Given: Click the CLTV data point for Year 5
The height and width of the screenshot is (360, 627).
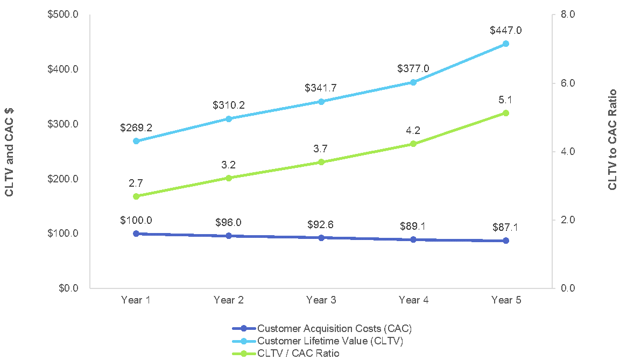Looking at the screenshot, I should [506, 44].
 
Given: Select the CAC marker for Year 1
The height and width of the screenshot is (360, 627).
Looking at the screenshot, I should [136, 234].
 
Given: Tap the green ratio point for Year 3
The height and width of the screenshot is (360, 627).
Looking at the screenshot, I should [321, 162].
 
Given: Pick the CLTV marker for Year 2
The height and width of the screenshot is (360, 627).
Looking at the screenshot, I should [229, 119].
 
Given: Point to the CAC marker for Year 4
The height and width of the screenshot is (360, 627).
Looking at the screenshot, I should [413, 239].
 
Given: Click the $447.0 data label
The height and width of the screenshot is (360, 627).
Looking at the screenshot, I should [505, 31].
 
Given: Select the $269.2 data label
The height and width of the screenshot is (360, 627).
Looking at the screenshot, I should [136, 128].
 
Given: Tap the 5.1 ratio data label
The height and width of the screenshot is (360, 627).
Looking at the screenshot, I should [505, 100].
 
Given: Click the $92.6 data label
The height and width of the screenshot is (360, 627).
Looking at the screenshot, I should [321, 224].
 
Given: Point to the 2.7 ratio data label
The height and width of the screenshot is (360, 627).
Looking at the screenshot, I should [136, 183].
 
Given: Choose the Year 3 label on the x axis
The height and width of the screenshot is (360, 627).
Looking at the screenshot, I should [321, 300].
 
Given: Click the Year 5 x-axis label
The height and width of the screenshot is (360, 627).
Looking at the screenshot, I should [506, 300].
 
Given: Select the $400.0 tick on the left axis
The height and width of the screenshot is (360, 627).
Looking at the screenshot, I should [64, 69].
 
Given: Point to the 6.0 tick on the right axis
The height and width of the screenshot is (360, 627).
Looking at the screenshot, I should [568, 83].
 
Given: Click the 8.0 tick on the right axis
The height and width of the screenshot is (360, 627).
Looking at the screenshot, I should [568, 15].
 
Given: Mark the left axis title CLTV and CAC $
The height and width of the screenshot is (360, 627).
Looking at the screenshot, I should [10, 152].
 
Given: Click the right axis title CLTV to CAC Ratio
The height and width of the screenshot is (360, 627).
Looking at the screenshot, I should [612, 139].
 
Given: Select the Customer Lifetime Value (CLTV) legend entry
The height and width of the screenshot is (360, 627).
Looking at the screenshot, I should [329, 341].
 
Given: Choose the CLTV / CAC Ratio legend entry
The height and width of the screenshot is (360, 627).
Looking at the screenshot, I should [298, 353].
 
